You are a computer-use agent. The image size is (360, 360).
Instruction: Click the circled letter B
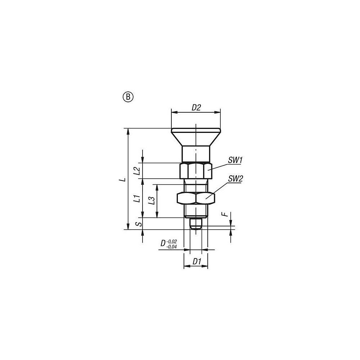coord(129,97)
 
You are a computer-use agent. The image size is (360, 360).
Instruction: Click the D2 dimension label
coord(196,107)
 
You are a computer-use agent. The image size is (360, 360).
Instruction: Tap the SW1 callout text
coord(235,160)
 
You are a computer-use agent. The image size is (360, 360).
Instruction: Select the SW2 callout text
coord(235,179)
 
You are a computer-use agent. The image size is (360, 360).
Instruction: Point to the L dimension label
coord(123,179)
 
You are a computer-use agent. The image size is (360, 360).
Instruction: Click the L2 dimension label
coord(137,171)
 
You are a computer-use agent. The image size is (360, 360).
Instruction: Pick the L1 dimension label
coord(137,199)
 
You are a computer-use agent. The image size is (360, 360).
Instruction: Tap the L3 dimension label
coord(151,201)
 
